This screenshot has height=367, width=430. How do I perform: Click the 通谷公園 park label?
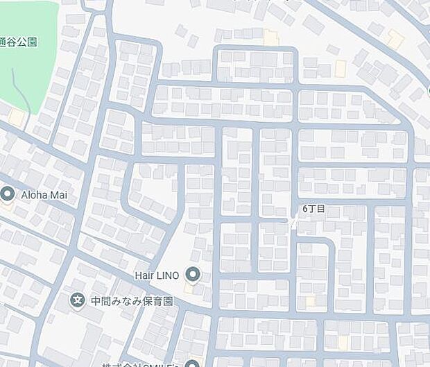(x=19, y=42)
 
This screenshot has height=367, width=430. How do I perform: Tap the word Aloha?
(x=36, y=195)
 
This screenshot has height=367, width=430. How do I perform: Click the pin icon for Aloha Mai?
(x=8, y=194)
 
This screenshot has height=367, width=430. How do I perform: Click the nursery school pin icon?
(x=78, y=300)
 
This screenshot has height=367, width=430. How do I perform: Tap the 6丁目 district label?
(x=313, y=209)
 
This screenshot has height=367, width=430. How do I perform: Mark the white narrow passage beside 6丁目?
(x=294, y=222)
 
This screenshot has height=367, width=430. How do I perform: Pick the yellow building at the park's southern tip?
(x=15, y=119)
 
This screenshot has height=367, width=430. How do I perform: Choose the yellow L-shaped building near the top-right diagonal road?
(x=395, y=39)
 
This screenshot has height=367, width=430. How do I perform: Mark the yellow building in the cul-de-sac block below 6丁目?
(x=310, y=300)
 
